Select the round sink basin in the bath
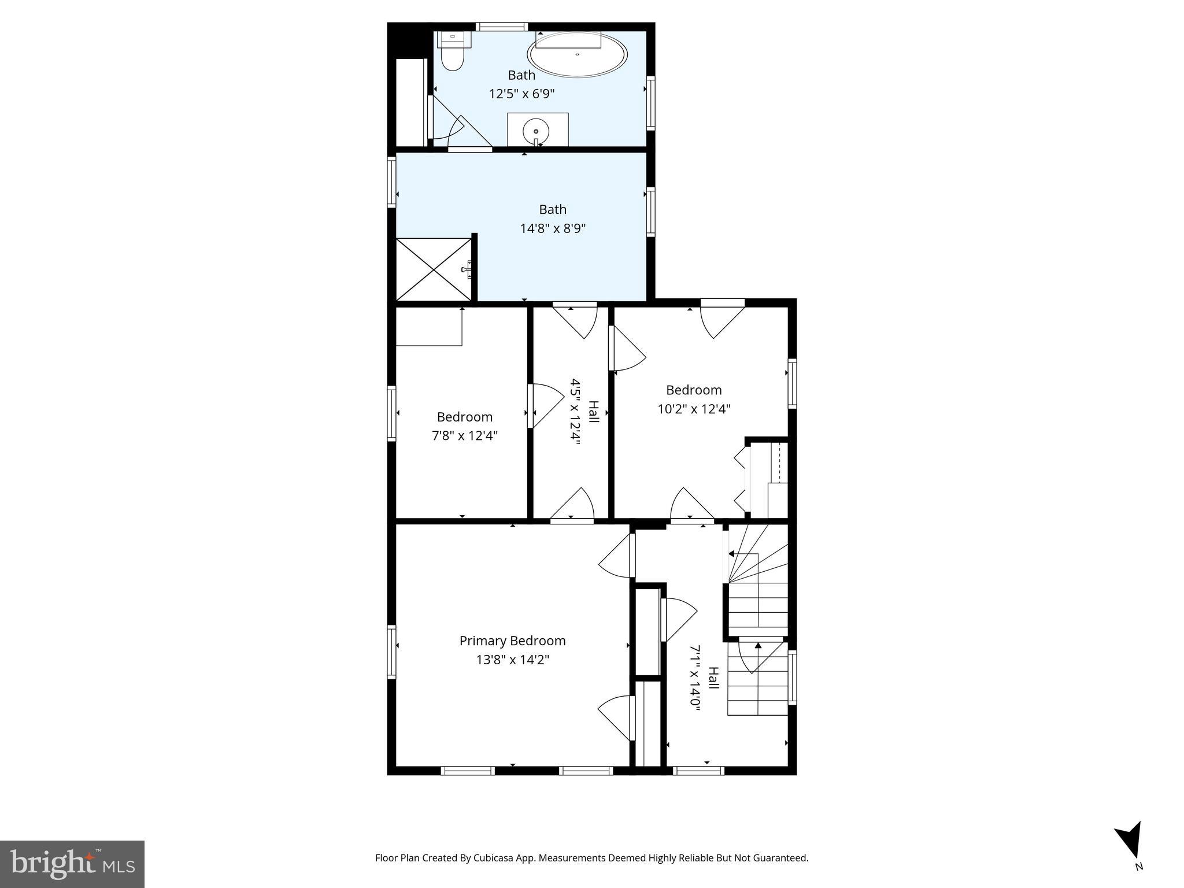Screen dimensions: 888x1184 tap(536, 130)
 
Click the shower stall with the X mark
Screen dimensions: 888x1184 tap(434, 269)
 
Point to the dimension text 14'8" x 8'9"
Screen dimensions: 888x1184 tap(553, 228)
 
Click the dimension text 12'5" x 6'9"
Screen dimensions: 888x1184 tap(521, 94)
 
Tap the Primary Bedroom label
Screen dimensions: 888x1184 tap(512, 641)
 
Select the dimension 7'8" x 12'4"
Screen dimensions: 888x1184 tap(464, 435)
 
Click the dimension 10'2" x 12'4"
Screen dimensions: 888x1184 tap(694, 409)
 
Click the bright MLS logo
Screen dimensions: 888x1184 tap(72, 864)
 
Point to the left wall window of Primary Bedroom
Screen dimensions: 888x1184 tap(392, 652)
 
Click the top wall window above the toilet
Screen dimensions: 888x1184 tap(501, 27)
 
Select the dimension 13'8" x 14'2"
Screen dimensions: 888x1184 tap(512, 660)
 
